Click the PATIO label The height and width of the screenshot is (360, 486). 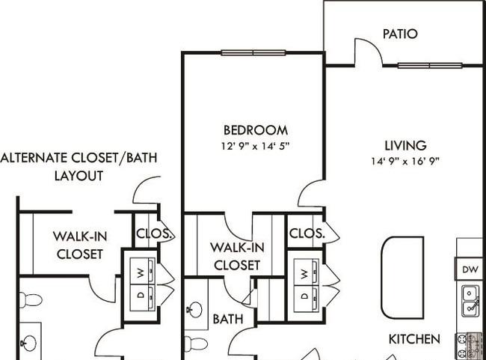(x=400, y=34)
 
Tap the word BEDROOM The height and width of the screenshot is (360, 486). (x=256, y=130)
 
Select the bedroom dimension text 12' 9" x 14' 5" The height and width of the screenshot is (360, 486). (x=256, y=146)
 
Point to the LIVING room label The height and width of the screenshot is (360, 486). (x=406, y=145)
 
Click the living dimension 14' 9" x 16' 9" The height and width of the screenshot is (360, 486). (x=406, y=161)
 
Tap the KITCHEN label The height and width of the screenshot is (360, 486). (x=414, y=339)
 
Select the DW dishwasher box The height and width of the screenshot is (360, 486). (x=470, y=269)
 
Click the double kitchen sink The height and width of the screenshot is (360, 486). (x=470, y=301)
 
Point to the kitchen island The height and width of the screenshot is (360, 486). (x=402, y=278)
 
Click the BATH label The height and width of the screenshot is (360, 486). (x=228, y=319)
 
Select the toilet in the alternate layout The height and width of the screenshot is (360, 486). (x=31, y=300)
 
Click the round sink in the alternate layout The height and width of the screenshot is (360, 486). (x=30, y=343)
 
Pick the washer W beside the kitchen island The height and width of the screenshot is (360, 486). (x=305, y=273)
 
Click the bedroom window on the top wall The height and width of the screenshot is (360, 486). (x=253, y=52)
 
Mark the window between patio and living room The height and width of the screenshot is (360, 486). (x=430, y=65)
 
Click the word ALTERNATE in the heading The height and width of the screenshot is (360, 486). (x=34, y=158)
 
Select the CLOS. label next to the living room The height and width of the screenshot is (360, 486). (x=307, y=233)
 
